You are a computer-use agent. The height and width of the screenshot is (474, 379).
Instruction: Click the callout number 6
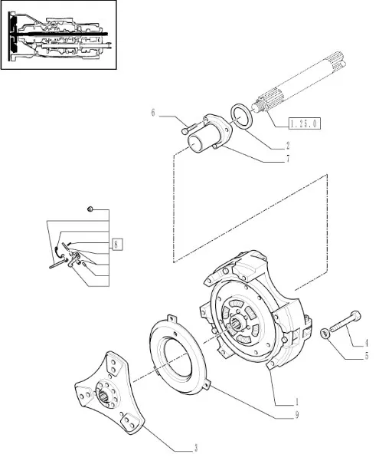click(153, 113)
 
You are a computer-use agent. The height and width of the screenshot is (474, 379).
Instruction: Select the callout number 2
click(288, 146)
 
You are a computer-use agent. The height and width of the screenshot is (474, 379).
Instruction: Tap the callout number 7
click(288, 159)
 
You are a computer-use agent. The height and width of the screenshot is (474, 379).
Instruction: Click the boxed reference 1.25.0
click(304, 123)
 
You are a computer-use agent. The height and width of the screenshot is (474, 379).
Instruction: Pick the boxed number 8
click(117, 244)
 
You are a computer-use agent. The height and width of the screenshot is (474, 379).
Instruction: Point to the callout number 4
click(366, 343)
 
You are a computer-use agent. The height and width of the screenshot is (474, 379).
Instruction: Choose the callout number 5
click(366, 356)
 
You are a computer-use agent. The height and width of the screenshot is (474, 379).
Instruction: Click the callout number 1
click(297, 402)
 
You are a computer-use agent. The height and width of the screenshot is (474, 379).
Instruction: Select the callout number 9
click(297, 415)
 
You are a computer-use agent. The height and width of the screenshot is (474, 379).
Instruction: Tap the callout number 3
click(195, 448)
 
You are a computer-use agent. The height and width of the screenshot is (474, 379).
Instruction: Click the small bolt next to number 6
click(189, 127)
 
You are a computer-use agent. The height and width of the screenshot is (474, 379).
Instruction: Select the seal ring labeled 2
click(241, 117)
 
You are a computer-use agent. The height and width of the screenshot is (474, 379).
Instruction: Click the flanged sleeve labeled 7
click(210, 133)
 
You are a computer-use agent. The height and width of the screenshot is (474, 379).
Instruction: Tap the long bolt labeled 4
click(345, 322)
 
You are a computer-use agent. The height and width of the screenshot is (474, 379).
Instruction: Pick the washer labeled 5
click(325, 334)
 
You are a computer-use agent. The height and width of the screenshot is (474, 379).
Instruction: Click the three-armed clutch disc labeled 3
click(109, 393)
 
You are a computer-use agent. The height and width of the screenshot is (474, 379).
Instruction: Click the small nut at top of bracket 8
click(90, 209)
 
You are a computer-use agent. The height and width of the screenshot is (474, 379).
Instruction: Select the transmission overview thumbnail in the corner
click(58, 35)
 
